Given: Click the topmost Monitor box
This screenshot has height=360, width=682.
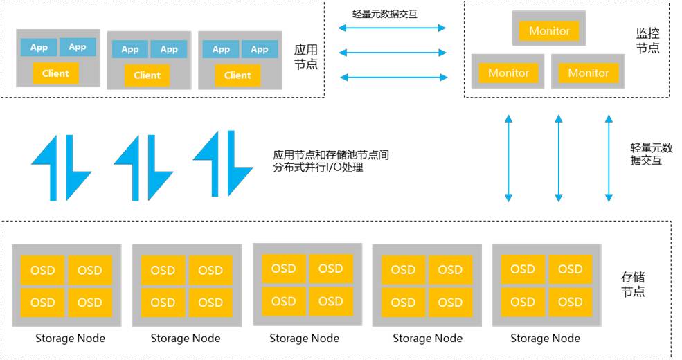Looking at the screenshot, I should (x=549, y=30).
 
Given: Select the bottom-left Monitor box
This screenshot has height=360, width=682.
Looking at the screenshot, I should (x=508, y=73).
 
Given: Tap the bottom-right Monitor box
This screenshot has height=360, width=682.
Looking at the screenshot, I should (x=588, y=73).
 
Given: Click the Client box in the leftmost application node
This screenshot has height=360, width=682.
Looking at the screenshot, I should (x=55, y=73).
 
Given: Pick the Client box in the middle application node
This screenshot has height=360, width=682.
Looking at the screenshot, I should (x=147, y=75).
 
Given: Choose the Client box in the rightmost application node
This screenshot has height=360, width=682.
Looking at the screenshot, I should (x=237, y=75).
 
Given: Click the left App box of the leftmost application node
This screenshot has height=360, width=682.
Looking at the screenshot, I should (x=39, y=47).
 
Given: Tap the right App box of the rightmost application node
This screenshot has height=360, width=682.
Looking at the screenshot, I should (x=260, y=49).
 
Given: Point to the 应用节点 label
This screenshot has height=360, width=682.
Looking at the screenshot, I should (x=305, y=57).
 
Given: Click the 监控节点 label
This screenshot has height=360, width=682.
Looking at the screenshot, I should (x=647, y=40).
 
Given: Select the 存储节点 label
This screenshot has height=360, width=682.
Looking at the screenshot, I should (x=633, y=284).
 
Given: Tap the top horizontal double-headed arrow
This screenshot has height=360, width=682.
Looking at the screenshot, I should (x=392, y=28).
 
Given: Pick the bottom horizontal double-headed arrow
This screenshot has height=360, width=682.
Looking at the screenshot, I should (x=392, y=77).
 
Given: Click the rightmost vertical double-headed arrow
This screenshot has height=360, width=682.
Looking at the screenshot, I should (x=609, y=159).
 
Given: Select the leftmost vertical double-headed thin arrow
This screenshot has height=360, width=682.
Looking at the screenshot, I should (x=508, y=159).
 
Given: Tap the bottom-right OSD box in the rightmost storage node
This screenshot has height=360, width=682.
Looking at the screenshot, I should (x=570, y=302).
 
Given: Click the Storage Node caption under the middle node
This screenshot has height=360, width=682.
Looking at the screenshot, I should (x=304, y=338).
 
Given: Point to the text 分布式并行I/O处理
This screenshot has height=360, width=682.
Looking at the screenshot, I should (x=318, y=167).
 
